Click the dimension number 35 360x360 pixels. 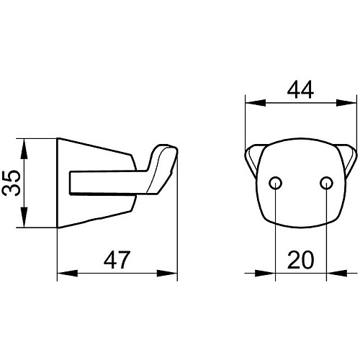11,183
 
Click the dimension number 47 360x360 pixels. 117,260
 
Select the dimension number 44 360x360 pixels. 300,89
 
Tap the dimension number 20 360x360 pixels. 300,260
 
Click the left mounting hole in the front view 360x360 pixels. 275,183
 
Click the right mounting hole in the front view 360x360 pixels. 326,183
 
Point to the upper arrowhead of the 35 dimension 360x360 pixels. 24,149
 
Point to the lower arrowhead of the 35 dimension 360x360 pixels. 24,217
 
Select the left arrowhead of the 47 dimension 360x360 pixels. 68,273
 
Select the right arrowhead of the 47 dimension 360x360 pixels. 167,273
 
